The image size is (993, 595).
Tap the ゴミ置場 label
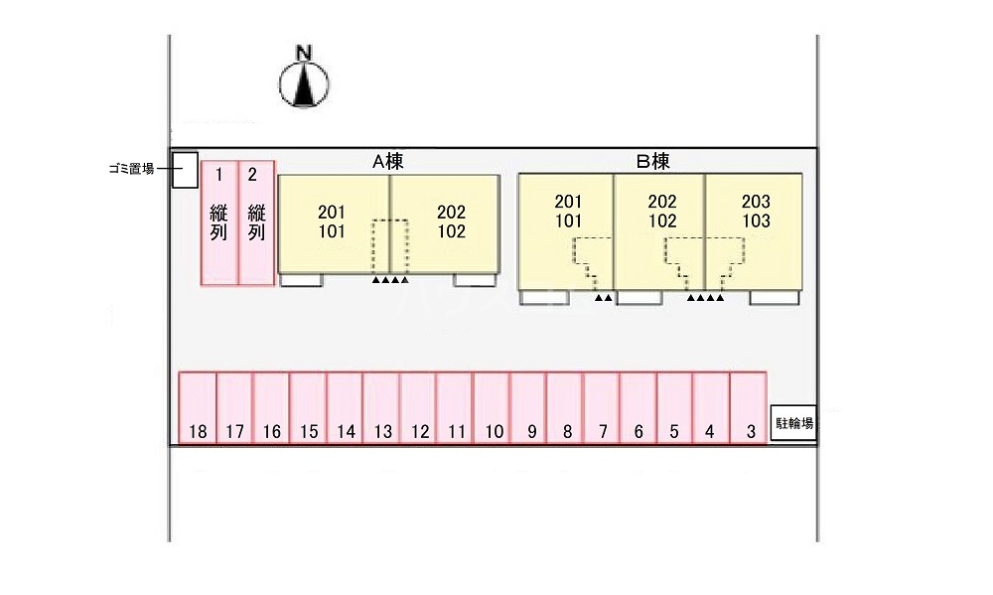[x=132, y=169]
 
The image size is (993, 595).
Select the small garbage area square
[x=185, y=170]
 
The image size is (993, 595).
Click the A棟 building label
[x=387, y=161]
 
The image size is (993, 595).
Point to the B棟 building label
[x=652, y=161]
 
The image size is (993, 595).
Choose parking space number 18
[x=198, y=408]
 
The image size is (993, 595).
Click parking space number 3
[x=749, y=408]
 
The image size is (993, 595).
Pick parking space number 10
[x=492, y=408]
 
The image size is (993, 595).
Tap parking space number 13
[x=381, y=408]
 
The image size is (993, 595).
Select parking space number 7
[x=602, y=408]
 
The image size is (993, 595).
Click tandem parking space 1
[x=219, y=223]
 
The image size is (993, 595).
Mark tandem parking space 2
[x=256, y=223]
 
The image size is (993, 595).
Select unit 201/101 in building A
[x=333, y=223]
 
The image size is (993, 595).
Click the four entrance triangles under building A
[x=390, y=281]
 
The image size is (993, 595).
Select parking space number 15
[x=308, y=408]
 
